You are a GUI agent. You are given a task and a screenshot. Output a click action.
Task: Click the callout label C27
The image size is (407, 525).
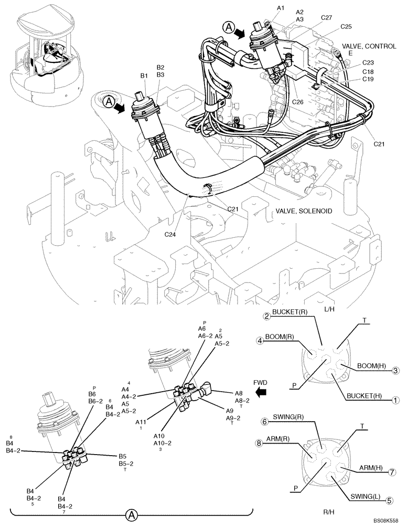pyautogui.click(x=326, y=18)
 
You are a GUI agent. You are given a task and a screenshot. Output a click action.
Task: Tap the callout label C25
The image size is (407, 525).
pyautogui.click(x=346, y=27)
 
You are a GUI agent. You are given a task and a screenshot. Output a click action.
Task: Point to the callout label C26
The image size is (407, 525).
pyautogui.click(x=299, y=101)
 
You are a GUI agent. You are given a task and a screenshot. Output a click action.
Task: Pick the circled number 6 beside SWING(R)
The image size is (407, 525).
pyautogui.click(x=265, y=421)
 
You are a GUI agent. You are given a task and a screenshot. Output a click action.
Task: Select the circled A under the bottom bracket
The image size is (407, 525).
pyautogui.click(x=133, y=516)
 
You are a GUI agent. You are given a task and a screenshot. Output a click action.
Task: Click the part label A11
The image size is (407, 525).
pyautogui.click(x=141, y=422)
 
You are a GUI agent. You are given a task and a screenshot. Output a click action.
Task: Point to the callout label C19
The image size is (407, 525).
pyautogui.click(x=367, y=79)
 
